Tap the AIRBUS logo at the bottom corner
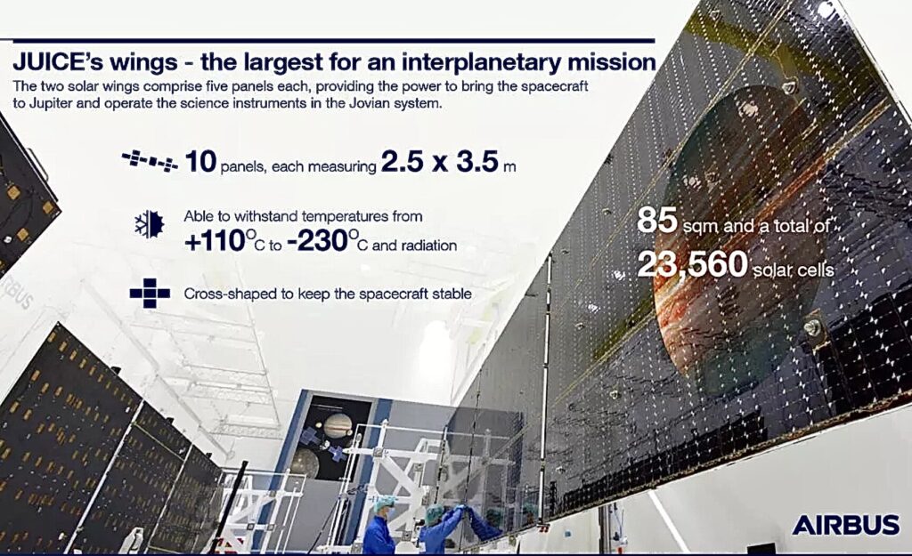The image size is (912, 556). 846,525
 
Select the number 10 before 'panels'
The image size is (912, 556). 200,162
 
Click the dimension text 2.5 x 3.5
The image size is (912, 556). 440,162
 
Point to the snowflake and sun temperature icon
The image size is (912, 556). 149,223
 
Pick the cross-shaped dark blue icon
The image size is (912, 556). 150,294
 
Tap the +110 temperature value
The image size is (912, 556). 214,241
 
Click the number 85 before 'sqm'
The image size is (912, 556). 657,222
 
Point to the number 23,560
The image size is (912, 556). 692,265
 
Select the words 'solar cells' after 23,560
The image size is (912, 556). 794,270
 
